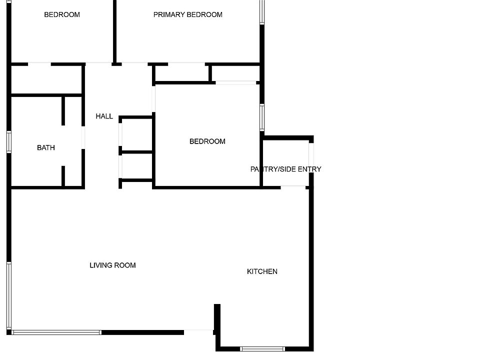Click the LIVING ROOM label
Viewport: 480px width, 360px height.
click(112, 265)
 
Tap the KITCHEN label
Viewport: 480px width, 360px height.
click(262, 271)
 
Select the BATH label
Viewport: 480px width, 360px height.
click(46, 147)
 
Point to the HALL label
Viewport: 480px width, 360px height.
click(104, 116)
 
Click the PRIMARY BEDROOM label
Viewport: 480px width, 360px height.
click(187, 14)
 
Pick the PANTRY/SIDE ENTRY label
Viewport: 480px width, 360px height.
click(285, 169)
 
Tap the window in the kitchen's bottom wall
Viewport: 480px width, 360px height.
click(262, 348)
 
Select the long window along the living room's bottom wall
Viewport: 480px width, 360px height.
click(56, 332)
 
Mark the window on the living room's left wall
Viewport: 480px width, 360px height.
click(9, 295)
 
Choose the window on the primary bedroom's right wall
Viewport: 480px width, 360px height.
click(262, 11)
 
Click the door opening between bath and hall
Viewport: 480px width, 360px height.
click(83, 137)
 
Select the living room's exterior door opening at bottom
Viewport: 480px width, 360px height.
click(198, 330)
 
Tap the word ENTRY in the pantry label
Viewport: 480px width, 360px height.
click(309, 169)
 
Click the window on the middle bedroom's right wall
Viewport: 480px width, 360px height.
click(262, 117)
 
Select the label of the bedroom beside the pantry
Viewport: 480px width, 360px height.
click(207, 141)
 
